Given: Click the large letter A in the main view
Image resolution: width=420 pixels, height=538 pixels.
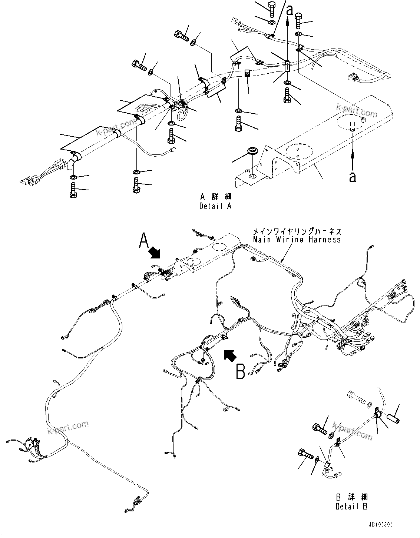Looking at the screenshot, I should pyautogui.click(x=144, y=241).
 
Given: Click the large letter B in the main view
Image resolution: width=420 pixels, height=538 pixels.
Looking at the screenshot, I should pyautogui.click(x=241, y=371).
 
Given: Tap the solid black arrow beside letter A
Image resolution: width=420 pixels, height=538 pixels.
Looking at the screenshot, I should pyautogui.click(x=155, y=254).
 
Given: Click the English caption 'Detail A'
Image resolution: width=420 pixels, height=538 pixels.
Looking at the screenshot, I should pyautogui.click(x=215, y=206).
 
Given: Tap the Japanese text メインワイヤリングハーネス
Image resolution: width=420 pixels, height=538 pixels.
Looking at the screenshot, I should pyautogui.click(x=297, y=231).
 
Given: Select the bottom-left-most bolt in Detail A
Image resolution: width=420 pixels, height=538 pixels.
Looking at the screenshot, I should pyautogui.click(x=73, y=190).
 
